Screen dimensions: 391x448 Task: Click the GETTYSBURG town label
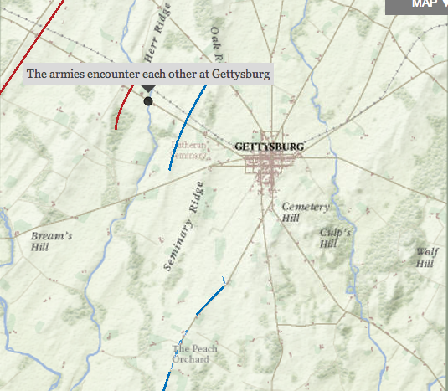(x=270, y=147)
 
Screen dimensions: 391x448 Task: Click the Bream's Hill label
(x=51, y=242)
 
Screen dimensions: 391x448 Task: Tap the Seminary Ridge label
(x=183, y=226)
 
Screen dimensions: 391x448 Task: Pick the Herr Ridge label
(x=157, y=42)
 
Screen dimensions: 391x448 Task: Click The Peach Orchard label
(x=194, y=354)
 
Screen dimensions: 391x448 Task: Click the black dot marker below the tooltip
(x=148, y=101)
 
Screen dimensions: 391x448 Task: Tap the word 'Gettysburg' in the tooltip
(x=240, y=74)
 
